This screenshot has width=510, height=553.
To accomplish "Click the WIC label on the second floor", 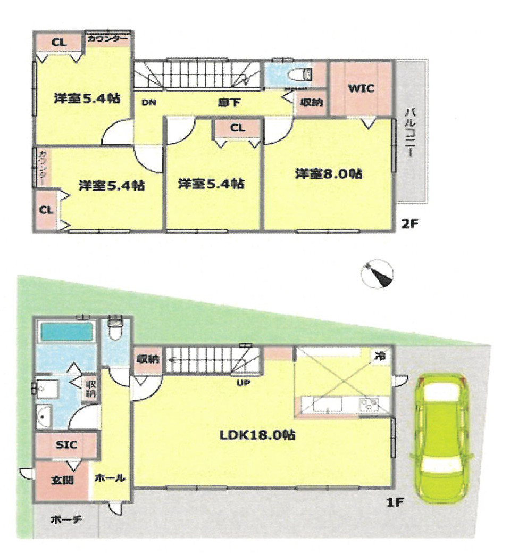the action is coord(361,88).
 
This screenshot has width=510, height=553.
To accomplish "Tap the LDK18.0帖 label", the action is coord(257,435).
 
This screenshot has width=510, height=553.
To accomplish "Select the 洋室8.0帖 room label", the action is coord(329,174).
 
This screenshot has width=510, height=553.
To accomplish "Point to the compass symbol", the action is coord(377,274).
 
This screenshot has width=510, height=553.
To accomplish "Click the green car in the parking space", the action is coord(441,437).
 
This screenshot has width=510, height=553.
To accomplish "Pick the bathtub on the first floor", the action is coord(66,332).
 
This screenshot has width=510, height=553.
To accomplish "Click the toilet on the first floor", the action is coord(115,328).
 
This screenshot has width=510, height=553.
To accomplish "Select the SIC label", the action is coord(66,444).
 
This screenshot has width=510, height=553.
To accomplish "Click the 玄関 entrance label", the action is coord(62,480).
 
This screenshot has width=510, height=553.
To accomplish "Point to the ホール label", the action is coord(110,478).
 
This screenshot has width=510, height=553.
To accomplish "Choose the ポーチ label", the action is coord(66,519).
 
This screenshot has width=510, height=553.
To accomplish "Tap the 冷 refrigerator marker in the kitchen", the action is coord(380,356).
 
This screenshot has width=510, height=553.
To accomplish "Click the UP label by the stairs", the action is coord(243,383).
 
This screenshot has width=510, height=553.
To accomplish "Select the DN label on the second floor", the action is coord(149,103).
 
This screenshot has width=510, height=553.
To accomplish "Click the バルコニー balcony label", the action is coord(410,133).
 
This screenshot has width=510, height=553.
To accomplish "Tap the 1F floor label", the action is coord(395,502).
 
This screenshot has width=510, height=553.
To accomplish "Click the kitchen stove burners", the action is coord(369,404).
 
